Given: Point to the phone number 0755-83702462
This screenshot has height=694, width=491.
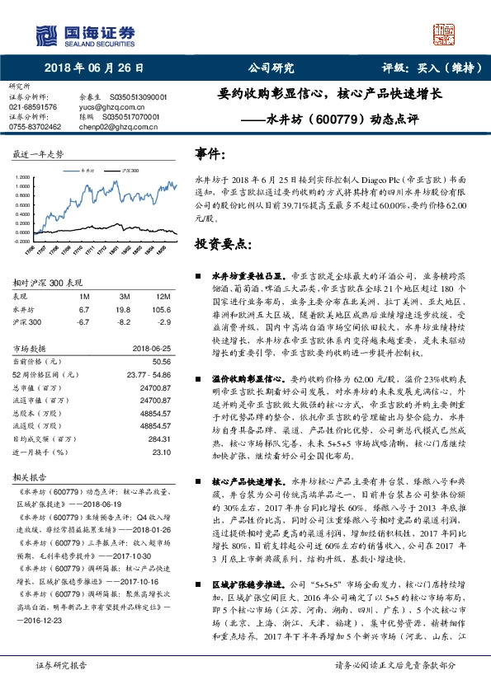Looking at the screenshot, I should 35,127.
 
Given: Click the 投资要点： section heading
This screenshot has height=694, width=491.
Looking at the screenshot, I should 222,245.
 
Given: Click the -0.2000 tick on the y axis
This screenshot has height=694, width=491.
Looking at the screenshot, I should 22,241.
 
